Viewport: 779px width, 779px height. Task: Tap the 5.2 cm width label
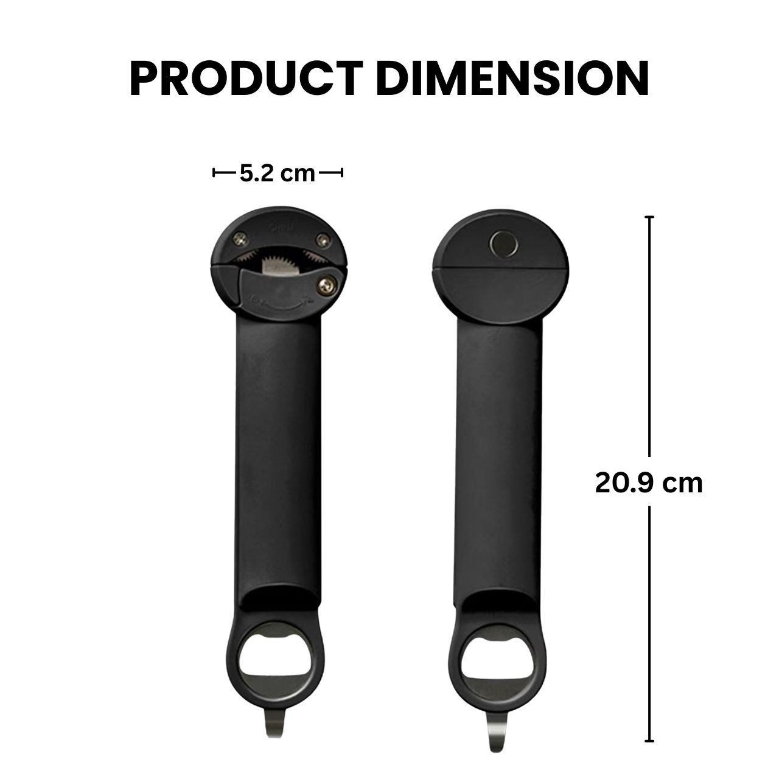point(278,173)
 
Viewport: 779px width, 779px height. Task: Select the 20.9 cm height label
point(649,483)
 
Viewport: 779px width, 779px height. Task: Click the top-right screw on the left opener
point(323,240)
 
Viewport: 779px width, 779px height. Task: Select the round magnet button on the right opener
point(505,243)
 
